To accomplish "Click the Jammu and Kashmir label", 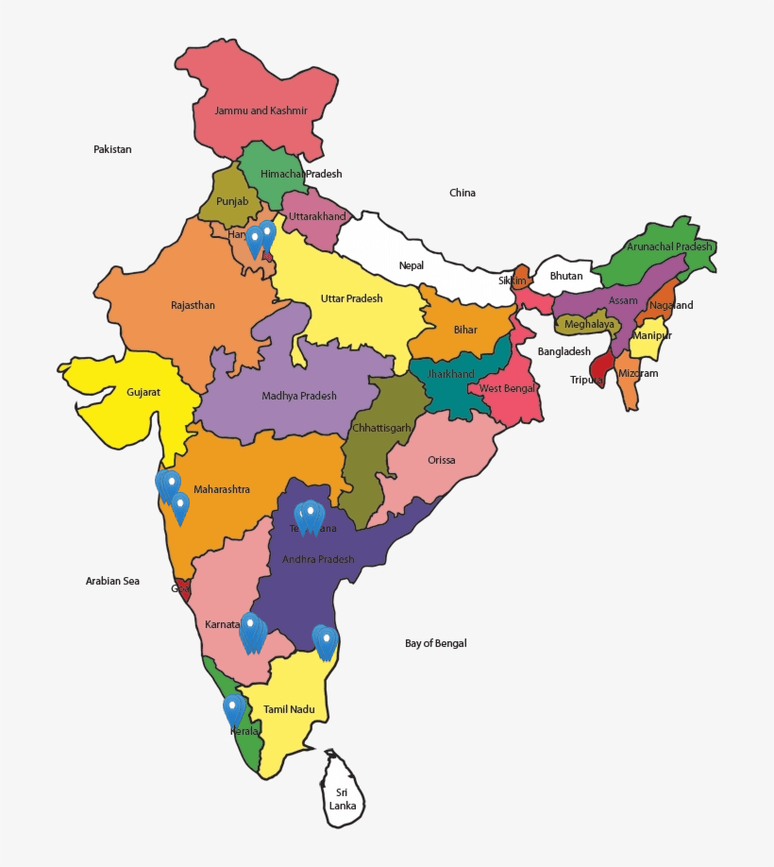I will coord(261,110).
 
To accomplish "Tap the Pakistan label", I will coord(112,149).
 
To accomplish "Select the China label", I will coord(463,193).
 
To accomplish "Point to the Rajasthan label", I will coord(193,305).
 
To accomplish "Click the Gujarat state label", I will coord(143,391).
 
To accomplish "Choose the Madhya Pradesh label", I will coord(299,396).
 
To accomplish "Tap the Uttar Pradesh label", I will coord(351,298).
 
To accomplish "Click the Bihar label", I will coord(465,330).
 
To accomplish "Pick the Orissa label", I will coord(441,460).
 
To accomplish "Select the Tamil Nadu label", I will coord(289,708).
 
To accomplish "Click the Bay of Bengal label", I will coord(436,643).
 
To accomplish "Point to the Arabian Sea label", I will coord(112,581).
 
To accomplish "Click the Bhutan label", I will coord(566,276).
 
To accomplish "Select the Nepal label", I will coord(412,265).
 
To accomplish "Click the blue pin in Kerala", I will coord(233,709).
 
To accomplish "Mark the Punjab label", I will coord(232,201).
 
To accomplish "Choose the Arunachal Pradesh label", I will coord(669,246).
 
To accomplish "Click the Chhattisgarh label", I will coord(381,428).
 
